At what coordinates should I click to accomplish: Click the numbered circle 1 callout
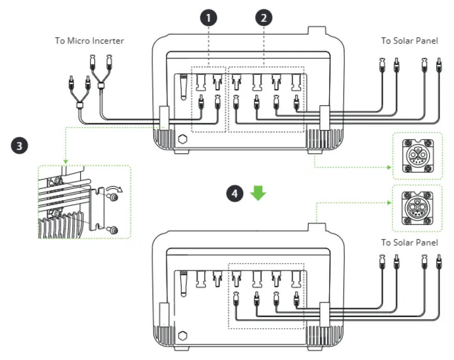(209, 18)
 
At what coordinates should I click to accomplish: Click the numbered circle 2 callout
(263, 18)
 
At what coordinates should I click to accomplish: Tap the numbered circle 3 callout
(19, 145)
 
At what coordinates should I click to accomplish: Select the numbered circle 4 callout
(235, 193)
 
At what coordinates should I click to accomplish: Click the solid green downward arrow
(258, 193)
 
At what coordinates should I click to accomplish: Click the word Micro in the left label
(78, 40)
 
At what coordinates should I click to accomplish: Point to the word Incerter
(108, 40)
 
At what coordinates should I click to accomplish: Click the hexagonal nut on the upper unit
(182, 139)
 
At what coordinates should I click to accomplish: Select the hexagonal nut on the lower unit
(182, 336)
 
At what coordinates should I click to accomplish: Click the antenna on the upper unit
(183, 87)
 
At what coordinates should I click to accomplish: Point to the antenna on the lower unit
(183, 284)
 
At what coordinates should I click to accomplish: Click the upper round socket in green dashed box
(417, 156)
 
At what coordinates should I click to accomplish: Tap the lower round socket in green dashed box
(417, 208)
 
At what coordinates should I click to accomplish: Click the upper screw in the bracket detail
(113, 198)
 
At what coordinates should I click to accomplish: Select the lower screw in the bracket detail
(113, 230)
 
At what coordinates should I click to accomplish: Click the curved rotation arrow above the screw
(114, 189)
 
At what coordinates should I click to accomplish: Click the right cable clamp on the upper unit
(324, 118)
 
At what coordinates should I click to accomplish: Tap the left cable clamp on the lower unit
(165, 314)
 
